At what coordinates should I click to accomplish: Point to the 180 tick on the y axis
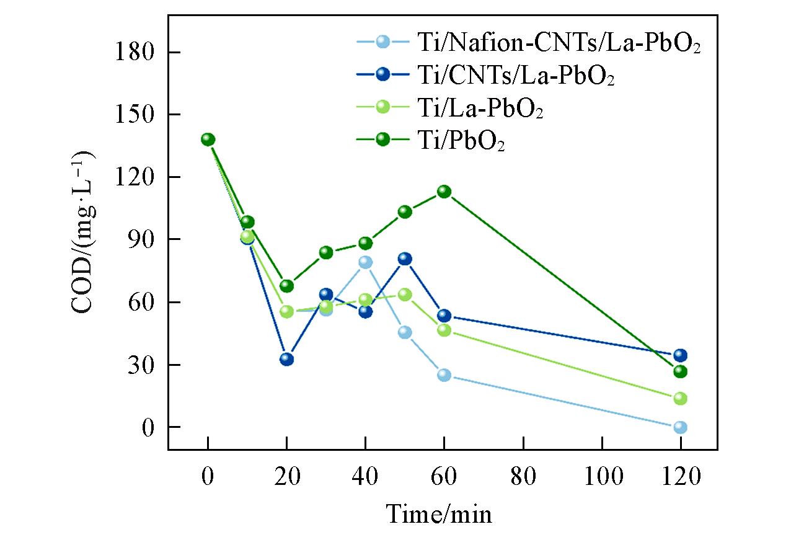[x=134, y=52]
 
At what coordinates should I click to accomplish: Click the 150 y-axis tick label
[x=134, y=115]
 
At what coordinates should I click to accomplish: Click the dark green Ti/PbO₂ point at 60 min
[x=444, y=192]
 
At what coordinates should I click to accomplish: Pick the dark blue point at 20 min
[x=286, y=359]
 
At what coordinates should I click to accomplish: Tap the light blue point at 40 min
[x=365, y=262]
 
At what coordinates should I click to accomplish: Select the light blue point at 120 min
[x=680, y=427]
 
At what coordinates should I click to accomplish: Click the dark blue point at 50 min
[x=405, y=259]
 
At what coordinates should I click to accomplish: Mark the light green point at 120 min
[x=680, y=398]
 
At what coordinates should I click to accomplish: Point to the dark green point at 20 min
[x=286, y=286]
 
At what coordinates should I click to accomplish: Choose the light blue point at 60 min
[x=444, y=375]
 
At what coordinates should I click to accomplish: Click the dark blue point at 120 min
[x=680, y=355]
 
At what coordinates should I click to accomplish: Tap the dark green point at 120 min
[x=680, y=371]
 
